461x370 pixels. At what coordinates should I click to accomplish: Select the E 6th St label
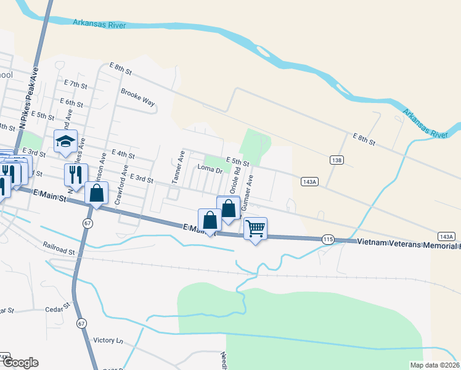(x=71, y=102)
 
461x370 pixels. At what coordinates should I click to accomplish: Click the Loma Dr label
(x=209, y=168)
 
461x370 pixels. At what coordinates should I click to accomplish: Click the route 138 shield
(x=337, y=160)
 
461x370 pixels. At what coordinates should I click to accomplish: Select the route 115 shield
(x=328, y=239)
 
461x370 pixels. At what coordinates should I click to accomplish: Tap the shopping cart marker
(x=255, y=228)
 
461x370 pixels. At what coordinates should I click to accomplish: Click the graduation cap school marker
(x=65, y=141)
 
